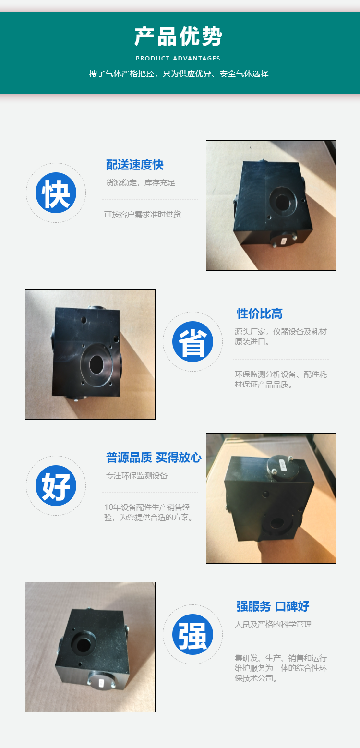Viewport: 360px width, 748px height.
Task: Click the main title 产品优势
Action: [x=179, y=36]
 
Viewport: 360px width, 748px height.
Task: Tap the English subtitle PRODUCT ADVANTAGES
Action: [x=178, y=59]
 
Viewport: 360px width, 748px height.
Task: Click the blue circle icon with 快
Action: [x=56, y=193]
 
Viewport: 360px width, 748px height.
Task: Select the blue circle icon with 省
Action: [x=192, y=342]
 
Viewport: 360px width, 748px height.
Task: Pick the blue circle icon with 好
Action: [x=56, y=485]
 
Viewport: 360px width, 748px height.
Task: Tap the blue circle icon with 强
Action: [x=192, y=635]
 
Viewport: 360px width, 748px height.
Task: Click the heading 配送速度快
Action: [x=134, y=165]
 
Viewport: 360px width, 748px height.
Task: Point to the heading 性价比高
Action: [x=260, y=314]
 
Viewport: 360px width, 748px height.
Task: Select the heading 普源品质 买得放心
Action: [x=154, y=458]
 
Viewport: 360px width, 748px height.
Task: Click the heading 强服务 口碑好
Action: [x=273, y=606]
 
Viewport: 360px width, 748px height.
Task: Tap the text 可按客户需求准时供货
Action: [x=143, y=215]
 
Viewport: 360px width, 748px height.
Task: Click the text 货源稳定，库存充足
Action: [x=141, y=182]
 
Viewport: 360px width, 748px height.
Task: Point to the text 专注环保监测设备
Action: [x=137, y=475]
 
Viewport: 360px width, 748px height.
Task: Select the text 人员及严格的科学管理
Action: [x=273, y=625]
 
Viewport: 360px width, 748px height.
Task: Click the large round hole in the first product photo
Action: [x=283, y=202]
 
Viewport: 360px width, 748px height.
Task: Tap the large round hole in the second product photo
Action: [x=96, y=364]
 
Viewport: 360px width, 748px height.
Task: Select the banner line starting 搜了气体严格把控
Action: [x=179, y=74]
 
